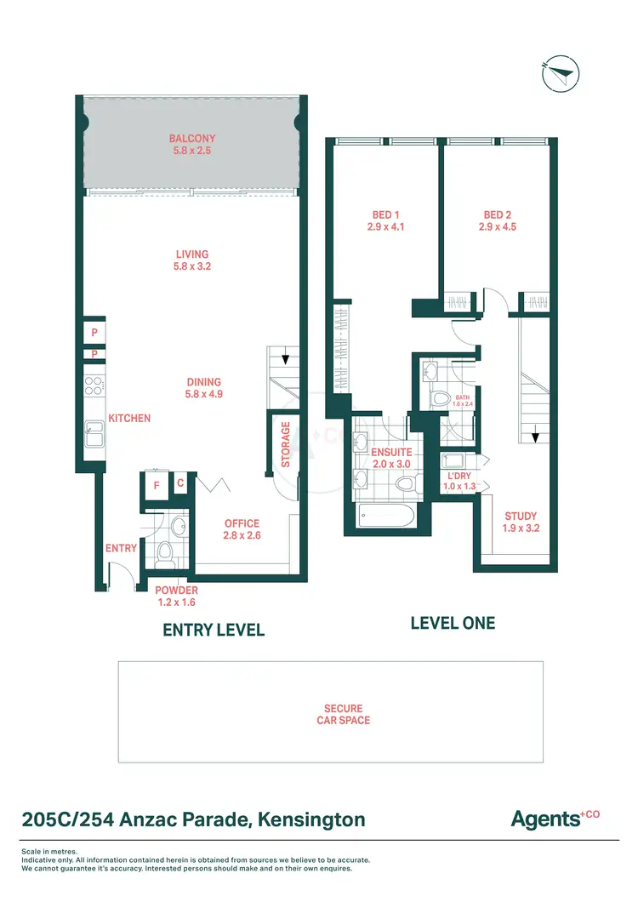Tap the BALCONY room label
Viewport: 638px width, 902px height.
pyautogui.click(x=192, y=138)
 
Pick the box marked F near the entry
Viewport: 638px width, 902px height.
pyautogui.click(x=157, y=486)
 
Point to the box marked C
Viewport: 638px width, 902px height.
pyautogui.click(x=180, y=484)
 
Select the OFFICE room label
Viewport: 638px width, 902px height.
pyautogui.click(x=242, y=523)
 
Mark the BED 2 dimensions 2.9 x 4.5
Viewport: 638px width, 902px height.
pyautogui.click(x=498, y=227)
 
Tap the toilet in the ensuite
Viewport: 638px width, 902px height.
pyautogui.click(x=405, y=484)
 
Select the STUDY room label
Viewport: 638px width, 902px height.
pyautogui.click(x=520, y=517)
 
